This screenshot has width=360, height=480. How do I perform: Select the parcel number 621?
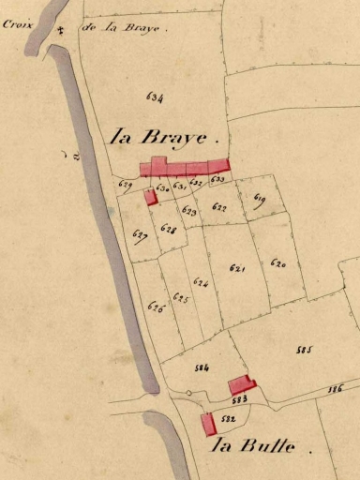tap(237, 268)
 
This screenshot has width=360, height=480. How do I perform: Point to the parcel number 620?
tap(277, 264)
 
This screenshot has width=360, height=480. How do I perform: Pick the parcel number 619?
tap(260, 199)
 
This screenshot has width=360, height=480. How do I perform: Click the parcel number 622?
tap(219, 207)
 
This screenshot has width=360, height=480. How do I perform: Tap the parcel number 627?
tap(140, 234)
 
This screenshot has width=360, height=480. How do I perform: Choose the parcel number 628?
tap(169, 228)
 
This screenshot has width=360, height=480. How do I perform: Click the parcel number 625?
tap(181, 299)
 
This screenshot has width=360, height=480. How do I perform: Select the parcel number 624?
tap(200, 281)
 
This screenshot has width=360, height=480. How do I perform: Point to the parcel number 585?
tap(303, 350)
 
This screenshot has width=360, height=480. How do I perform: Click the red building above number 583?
tap(241, 384)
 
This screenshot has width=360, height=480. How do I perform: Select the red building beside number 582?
tap(209, 424)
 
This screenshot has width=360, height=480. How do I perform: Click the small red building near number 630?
tap(150, 197)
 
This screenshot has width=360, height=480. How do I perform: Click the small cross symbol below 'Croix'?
tap(60, 32)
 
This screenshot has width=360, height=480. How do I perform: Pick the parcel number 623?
tap(189, 212)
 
